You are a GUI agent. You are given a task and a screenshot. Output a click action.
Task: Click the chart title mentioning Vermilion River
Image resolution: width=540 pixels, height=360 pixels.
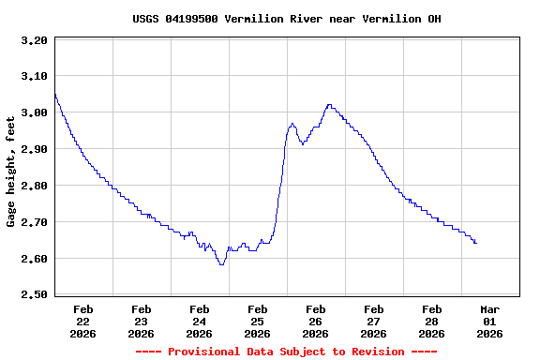point(286,19)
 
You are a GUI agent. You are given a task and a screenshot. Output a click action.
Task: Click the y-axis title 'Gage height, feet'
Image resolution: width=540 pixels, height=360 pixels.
point(11,172)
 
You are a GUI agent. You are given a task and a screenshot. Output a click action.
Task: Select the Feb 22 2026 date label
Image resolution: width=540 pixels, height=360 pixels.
point(82,321)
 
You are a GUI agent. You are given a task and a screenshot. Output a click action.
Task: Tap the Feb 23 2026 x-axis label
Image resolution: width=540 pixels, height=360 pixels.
point(141,321)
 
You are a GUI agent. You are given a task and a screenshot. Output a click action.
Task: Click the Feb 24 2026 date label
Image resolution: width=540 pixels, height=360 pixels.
point(199,321)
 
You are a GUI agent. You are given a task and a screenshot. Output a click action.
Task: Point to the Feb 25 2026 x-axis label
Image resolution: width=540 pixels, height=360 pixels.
point(257,321)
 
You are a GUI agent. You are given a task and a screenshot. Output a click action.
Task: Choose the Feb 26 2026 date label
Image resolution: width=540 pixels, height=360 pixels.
point(315,321)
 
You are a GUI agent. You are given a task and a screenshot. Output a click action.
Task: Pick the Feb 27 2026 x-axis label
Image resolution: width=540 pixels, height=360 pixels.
point(373,321)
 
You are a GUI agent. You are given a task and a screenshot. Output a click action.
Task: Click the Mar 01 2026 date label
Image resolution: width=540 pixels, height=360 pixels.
point(489,321)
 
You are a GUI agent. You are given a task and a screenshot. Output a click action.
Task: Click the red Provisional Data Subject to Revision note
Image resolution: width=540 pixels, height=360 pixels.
point(286,352)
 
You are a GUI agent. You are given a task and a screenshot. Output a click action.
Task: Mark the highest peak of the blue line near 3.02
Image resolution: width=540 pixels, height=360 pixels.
point(329,105)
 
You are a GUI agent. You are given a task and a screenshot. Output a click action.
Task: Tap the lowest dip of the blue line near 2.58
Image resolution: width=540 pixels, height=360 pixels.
point(221,264)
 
